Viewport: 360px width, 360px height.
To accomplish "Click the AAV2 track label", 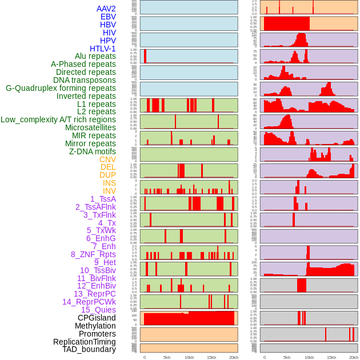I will [106, 9].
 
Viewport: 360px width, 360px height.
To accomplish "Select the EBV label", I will [108, 17].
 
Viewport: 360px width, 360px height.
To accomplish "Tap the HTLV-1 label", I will [103, 49].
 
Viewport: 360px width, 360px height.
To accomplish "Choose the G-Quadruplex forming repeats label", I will [61, 88].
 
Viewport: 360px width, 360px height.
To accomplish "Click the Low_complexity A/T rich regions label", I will [58, 119].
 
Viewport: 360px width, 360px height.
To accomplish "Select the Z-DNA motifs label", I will [93, 151].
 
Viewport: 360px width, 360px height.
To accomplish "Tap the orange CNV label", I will [107, 159].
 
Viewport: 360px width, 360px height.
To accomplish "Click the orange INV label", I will [109, 191].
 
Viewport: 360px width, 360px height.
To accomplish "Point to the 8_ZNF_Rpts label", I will [93, 254].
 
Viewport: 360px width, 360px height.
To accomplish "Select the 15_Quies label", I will [98, 310].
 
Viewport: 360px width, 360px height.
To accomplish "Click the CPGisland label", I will [97, 318].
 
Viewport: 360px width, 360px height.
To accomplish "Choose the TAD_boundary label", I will [89, 349].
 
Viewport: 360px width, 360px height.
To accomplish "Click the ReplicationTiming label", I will [84, 342].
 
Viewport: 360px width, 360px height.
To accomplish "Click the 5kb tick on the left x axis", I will [167, 357].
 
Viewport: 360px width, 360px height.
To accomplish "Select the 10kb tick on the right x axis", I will [309, 357].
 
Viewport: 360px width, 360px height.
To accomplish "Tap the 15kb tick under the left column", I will [211, 357].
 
